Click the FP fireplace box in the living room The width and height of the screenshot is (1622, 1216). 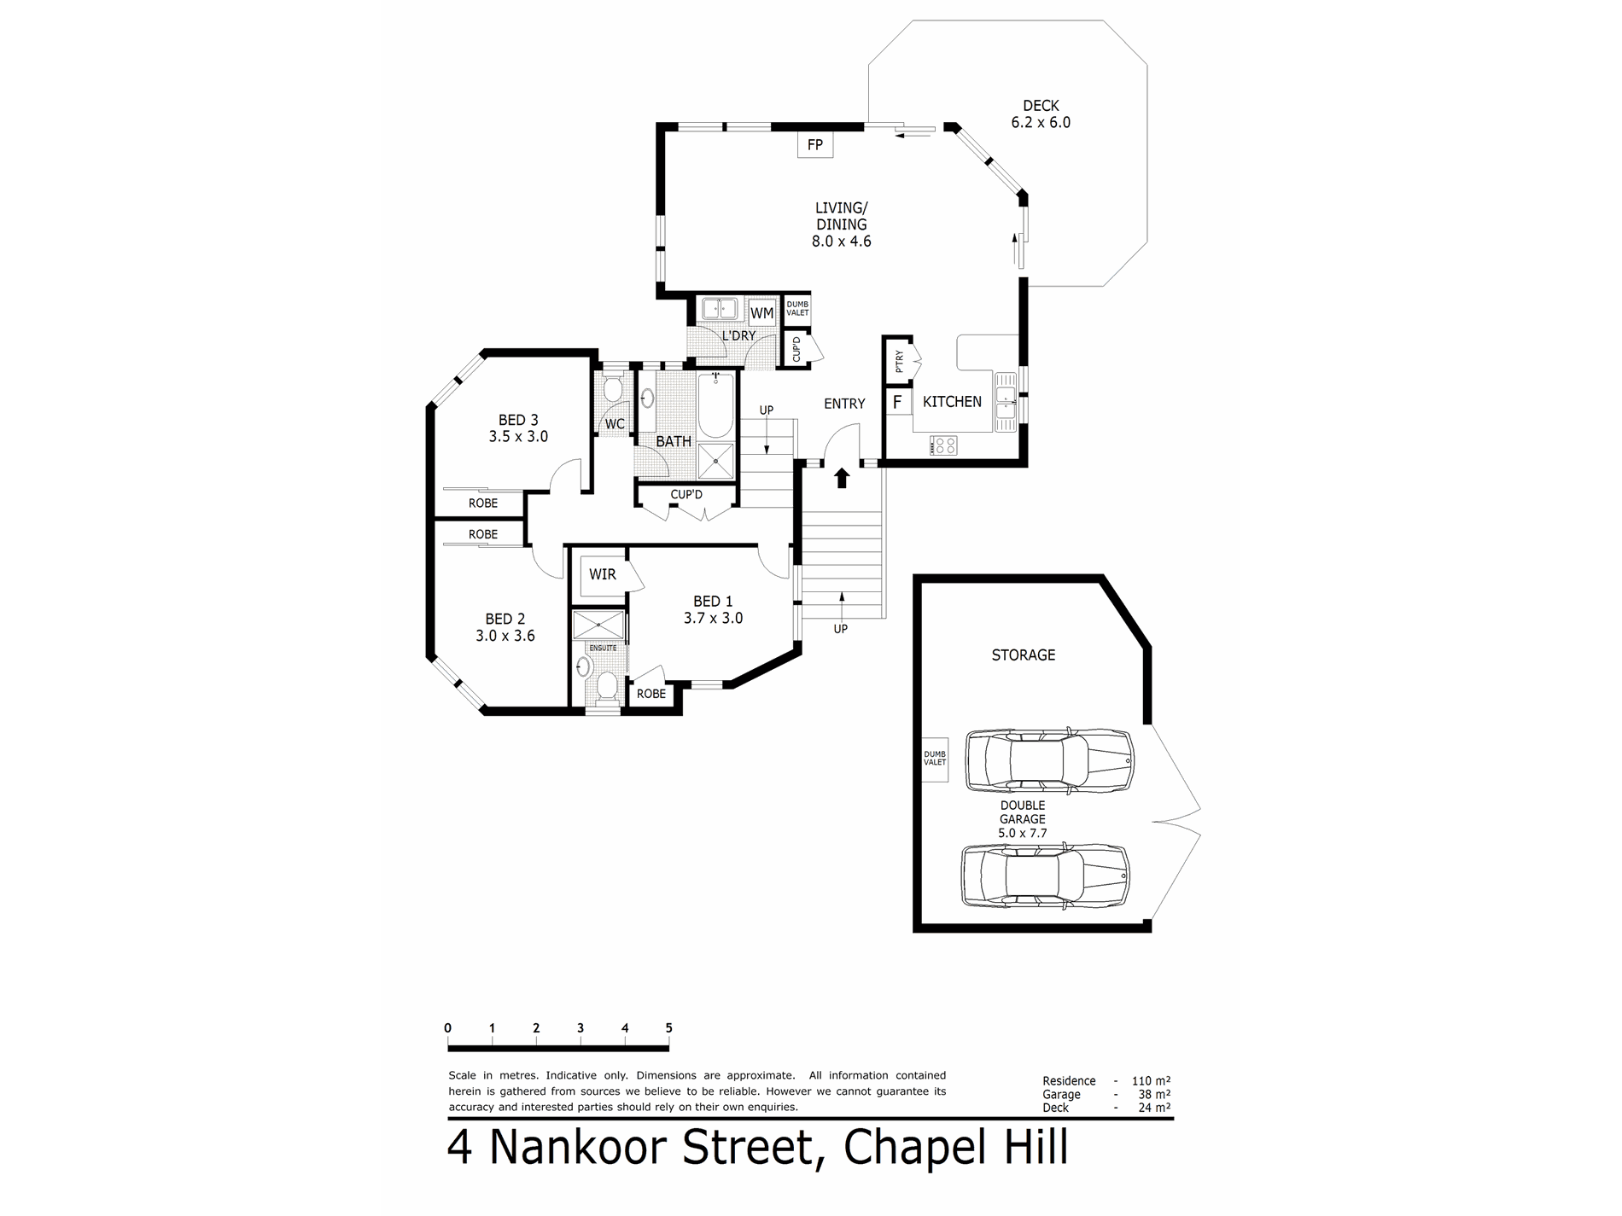pyautogui.click(x=815, y=144)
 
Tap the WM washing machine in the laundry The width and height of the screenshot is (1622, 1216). pyautogui.click(x=761, y=312)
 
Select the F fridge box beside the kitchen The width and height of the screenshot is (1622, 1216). pyautogui.click(x=897, y=401)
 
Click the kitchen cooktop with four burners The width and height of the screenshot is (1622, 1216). pyautogui.click(x=943, y=445)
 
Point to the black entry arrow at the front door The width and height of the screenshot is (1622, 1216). pyautogui.click(x=843, y=478)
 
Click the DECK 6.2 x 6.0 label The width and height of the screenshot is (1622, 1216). pyautogui.click(x=1041, y=113)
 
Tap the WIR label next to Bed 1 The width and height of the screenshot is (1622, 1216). pyautogui.click(x=603, y=574)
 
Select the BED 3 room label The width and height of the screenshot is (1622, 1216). pyautogui.click(x=518, y=420)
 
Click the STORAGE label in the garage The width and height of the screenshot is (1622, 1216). pyautogui.click(x=1024, y=655)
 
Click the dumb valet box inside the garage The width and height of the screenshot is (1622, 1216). pyautogui.click(x=936, y=759)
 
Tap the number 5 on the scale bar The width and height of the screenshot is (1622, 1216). pyautogui.click(x=669, y=1028)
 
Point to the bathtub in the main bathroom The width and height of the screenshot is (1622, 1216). pyautogui.click(x=715, y=406)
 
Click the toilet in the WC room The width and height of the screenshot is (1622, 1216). pyautogui.click(x=613, y=390)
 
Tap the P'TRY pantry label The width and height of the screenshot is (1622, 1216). pyautogui.click(x=899, y=362)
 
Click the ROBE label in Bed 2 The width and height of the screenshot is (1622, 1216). pyautogui.click(x=483, y=534)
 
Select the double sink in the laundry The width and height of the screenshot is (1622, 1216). pyautogui.click(x=720, y=308)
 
